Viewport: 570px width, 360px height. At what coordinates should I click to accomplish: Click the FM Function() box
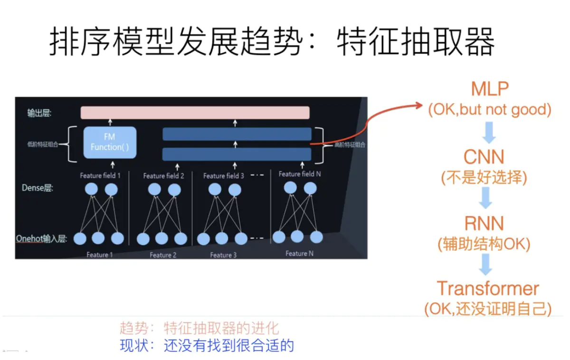(x=110, y=142)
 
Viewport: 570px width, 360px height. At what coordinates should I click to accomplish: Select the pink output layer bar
(x=195, y=113)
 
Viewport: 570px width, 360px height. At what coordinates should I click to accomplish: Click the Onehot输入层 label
(x=41, y=238)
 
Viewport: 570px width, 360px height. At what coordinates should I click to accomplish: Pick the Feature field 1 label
(x=100, y=175)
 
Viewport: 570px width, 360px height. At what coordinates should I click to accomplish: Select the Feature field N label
(x=300, y=174)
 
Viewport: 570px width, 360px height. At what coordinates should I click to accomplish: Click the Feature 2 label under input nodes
(x=163, y=255)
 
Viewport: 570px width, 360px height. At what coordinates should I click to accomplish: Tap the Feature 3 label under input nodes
(x=223, y=255)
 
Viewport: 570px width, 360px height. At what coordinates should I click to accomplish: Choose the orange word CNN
(x=484, y=157)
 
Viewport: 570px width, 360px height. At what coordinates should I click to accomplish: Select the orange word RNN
(x=484, y=224)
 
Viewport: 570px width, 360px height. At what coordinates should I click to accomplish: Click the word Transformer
(x=488, y=289)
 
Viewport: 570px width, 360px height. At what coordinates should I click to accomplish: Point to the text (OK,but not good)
(x=490, y=110)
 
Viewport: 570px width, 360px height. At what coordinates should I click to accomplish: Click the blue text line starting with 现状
(x=207, y=345)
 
